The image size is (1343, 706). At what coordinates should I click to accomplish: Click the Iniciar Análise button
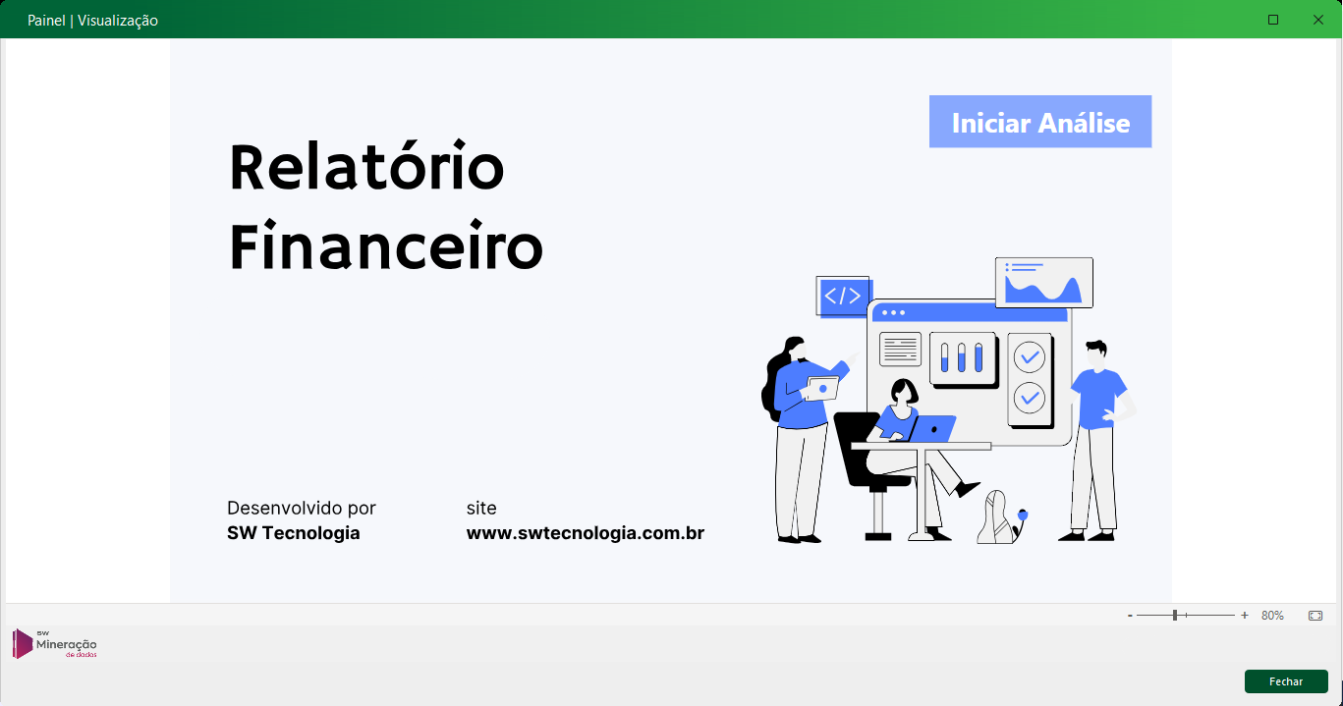click(1040, 122)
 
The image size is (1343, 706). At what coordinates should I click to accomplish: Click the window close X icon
click(1317, 20)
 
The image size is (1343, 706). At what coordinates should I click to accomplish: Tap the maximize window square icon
click(1273, 20)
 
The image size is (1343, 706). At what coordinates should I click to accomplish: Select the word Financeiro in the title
click(386, 245)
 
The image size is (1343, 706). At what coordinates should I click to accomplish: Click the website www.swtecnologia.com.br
click(586, 533)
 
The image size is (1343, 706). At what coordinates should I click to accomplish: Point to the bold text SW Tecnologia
click(293, 533)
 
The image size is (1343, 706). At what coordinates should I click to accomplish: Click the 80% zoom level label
click(1272, 616)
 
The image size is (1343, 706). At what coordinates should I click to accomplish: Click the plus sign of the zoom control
click(1245, 616)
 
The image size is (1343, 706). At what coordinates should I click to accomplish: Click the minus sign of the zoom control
click(1130, 616)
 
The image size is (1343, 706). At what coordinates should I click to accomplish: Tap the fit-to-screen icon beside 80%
click(1315, 616)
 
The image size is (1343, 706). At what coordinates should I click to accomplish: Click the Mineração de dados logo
click(55, 644)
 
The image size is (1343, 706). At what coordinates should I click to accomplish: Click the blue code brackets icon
click(843, 296)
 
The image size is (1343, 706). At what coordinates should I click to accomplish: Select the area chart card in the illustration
click(1043, 282)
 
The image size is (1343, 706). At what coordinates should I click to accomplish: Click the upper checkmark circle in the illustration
click(1030, 357)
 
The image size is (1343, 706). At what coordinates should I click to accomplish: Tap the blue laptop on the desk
click(931, 428)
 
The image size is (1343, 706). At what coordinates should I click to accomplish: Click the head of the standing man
click(1096, 354)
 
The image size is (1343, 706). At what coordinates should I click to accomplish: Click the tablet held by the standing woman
click(821, 389)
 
